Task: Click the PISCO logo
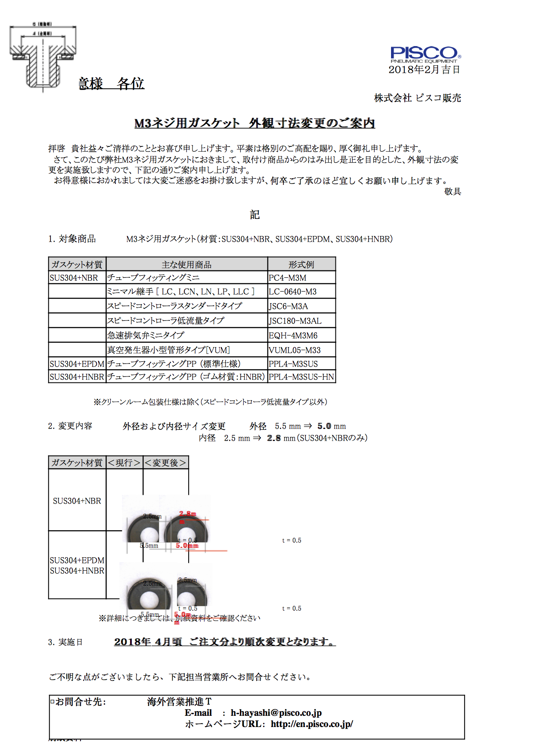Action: (425, 54)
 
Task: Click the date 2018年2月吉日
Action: (424, 70)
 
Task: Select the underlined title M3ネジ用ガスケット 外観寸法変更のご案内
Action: (255, 123)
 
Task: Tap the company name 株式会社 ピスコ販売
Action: (417, 98)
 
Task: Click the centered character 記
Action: (255, 214)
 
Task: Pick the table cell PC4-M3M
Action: (288, 278)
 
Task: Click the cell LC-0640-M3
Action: (293, 292)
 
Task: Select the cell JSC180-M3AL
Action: (295, 321)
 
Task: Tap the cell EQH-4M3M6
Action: (293, 336)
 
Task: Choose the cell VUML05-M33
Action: (295, 350)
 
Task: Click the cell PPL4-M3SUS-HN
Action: (301, 377)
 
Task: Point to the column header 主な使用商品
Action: (186, 264)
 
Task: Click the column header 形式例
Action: (301, 264)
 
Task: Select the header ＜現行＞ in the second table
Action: (124, 463)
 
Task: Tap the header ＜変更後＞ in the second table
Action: (165, 463)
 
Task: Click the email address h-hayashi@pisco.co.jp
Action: (276, 713)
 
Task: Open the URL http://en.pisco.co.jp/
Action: (312, 724)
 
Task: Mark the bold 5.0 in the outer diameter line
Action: (324, 426)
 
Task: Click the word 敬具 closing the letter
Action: (453, 192)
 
